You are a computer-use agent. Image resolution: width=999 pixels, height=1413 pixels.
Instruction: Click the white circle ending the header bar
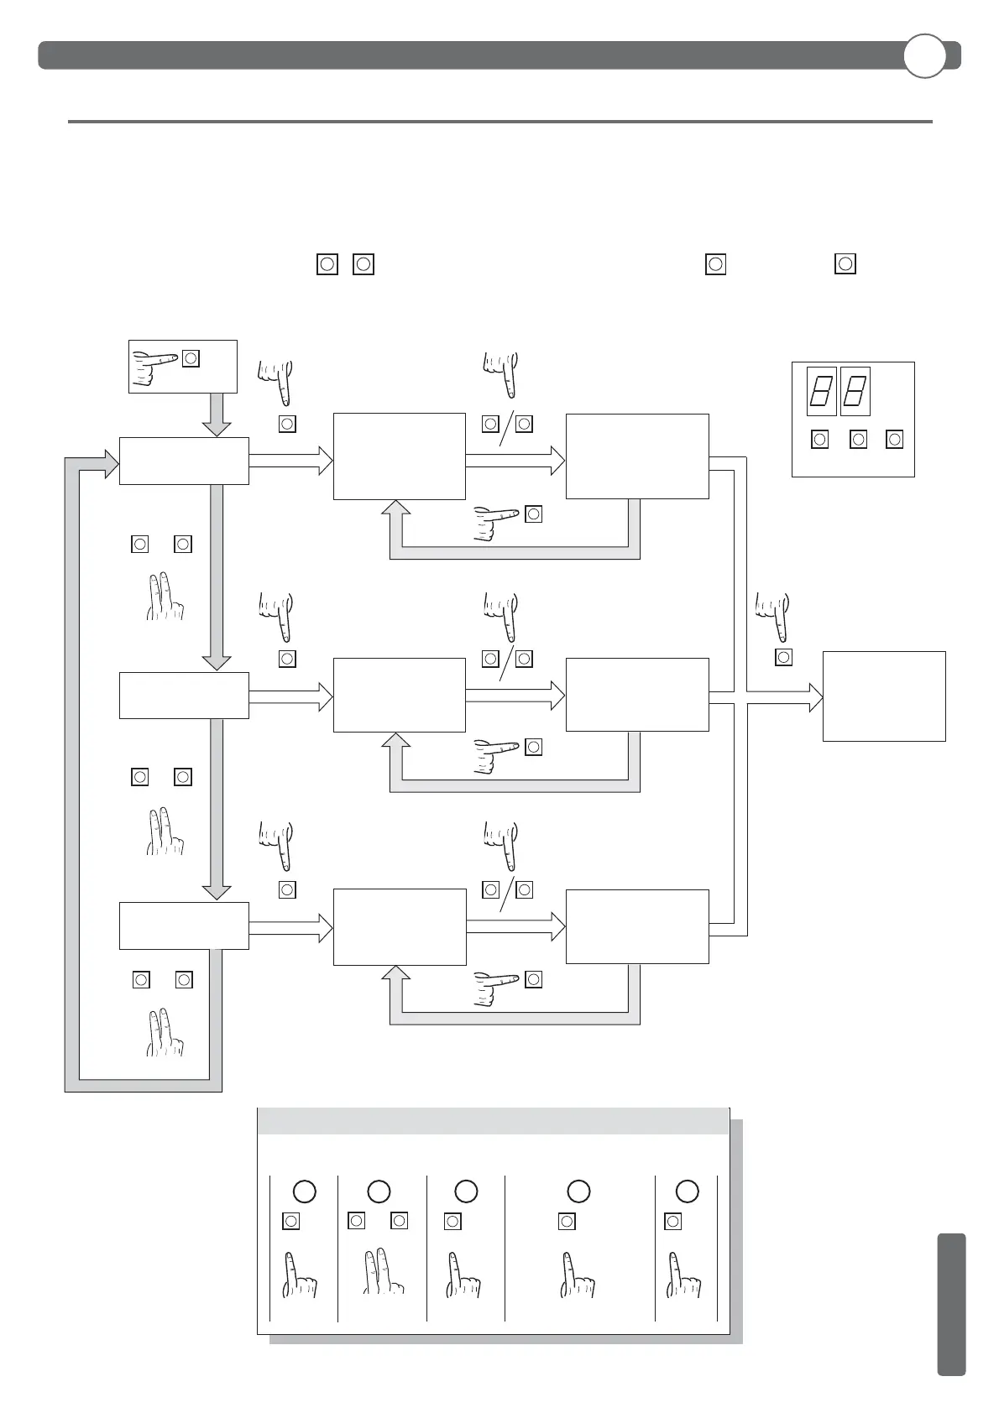[924, 55]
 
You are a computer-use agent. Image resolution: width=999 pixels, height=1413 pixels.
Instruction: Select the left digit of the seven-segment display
[822, 391]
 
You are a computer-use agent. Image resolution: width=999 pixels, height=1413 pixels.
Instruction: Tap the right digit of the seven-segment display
[855, 391]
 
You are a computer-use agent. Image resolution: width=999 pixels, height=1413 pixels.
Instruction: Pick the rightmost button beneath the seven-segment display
[895, 439]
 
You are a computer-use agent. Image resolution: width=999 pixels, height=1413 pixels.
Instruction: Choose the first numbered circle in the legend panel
[304, 1191]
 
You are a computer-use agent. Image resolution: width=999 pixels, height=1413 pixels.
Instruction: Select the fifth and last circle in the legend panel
[687, 1191]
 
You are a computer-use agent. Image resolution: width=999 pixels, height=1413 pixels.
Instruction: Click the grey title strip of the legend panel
[493, 1121]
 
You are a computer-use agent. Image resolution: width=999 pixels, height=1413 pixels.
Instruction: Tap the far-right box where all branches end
[884, 696]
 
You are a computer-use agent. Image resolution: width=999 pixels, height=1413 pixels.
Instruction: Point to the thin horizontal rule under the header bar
[499, 122]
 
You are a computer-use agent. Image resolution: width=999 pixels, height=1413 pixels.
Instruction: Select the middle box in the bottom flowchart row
[400, 927]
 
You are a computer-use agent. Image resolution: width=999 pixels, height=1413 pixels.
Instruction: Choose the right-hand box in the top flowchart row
[637, 456]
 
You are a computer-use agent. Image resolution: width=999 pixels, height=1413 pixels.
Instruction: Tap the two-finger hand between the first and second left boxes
[165, 597]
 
